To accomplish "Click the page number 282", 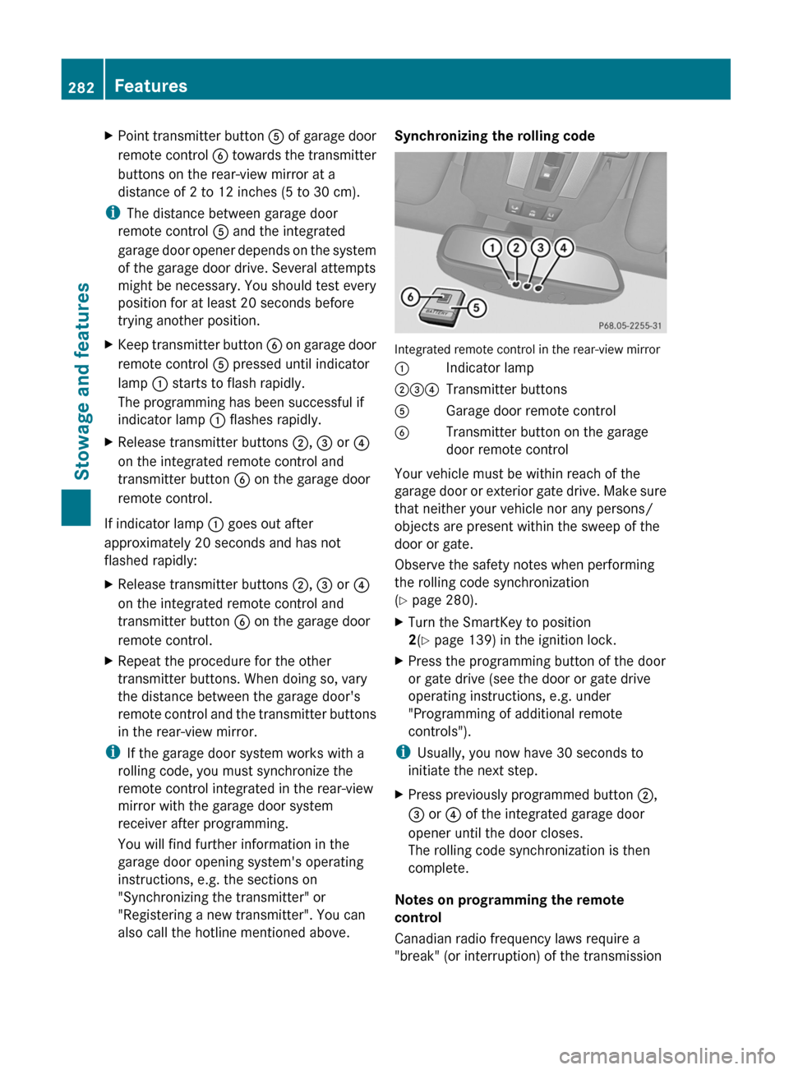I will pos(81,87).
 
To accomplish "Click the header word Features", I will pos(150,85).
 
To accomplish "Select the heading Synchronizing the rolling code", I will pos(494,136).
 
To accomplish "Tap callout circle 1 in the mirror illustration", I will pos(492,247).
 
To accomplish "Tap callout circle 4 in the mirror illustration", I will pos(564,247).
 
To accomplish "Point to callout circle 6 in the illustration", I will pos(411,297).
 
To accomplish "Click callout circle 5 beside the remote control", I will pos(477,308).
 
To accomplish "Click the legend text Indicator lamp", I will pos(489,368).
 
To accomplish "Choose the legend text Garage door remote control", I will pos(530,411).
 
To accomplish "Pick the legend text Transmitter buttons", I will pos(505,390).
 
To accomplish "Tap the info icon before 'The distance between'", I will pos(112,213).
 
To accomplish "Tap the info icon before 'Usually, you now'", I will pos(402,752).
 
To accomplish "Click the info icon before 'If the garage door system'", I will pos(112,753).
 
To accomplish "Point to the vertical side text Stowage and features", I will pos(82,380).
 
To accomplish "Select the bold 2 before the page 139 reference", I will pos(412,640).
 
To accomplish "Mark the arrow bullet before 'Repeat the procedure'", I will pos(109,661).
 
